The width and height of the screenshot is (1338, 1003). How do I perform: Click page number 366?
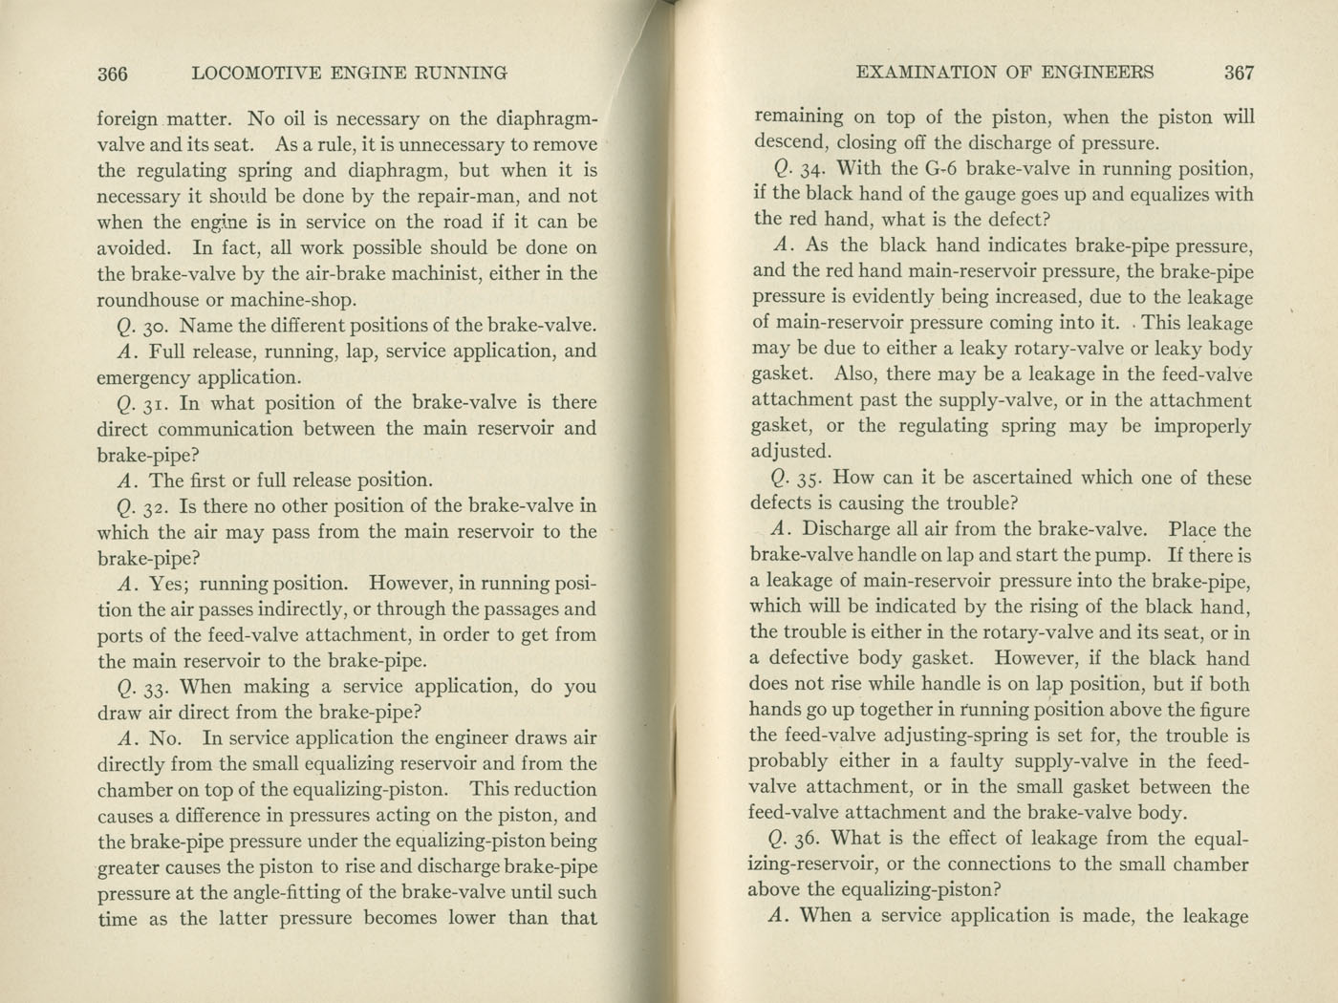113,73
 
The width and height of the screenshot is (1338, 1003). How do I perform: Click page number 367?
1238,72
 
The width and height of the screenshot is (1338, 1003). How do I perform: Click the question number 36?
809,839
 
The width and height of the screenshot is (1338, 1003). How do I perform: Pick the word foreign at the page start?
128,120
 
